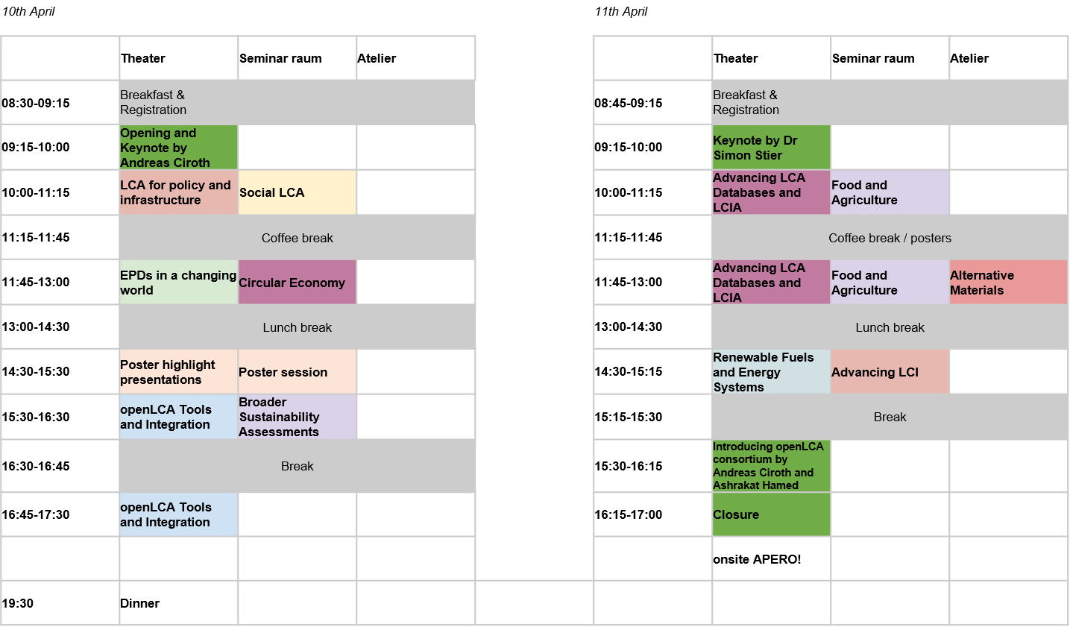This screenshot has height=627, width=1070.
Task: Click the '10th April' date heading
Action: pos(28,11)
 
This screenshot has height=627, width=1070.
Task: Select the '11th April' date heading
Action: pos(621,11)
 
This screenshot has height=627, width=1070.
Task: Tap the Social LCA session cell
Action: pos(297,192)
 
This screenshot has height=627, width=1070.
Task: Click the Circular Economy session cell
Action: pos(297,283)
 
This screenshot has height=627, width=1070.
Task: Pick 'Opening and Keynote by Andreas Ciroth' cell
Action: pos(179,148)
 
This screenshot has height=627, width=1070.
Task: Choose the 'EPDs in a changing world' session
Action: pos(179,283)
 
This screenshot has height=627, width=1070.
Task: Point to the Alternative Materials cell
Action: pos(1008,283)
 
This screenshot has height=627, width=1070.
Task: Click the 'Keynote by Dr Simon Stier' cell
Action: pos(772,148)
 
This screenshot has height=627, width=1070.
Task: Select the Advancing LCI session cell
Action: pos(890,372)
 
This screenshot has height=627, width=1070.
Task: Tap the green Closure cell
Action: pos(772,514)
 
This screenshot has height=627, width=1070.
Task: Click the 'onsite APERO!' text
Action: pos(757,559)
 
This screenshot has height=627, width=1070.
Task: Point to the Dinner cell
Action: pos(179,603)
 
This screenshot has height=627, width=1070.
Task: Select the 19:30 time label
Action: pos(18,603)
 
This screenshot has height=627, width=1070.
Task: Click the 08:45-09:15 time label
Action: pos(628,103)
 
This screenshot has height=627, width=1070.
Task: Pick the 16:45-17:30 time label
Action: pos(36,514)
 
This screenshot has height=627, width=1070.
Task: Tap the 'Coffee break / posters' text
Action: pos(890,238)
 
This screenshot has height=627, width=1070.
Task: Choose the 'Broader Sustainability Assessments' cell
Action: pos(297,417)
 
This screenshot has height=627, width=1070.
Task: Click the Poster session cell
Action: pos(297,372)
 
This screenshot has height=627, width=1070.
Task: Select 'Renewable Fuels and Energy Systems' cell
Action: pos(772,372)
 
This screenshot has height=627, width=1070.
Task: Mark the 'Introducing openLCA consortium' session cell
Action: pos(772,466)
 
